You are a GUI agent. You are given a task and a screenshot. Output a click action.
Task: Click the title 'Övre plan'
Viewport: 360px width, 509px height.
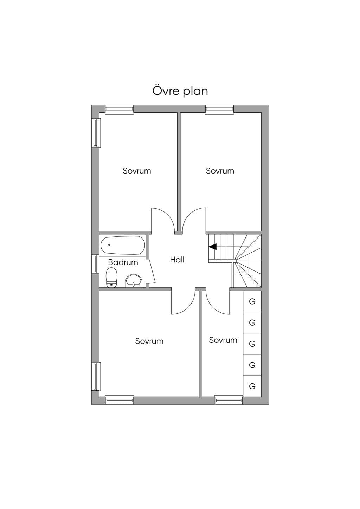pos(180,91)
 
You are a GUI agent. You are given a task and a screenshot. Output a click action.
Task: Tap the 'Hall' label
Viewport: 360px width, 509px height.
pos(177,260)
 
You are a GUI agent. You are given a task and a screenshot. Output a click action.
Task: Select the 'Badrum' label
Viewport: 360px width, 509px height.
pos(123,262)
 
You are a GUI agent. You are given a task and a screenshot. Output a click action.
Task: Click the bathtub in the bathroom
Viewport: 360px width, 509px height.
pos(122,245)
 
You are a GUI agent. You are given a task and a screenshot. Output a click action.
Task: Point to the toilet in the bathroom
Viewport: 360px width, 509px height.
pos(111,278)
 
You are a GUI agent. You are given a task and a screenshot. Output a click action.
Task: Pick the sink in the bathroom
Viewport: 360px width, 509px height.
pos(134,281)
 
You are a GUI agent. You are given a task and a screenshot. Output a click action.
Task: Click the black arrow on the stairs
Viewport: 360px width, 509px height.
pos(213,247)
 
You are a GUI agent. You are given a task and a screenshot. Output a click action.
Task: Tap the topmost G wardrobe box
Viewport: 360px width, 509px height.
pos(252,301)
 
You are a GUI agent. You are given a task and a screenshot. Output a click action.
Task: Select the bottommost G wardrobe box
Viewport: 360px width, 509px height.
pos(252,386)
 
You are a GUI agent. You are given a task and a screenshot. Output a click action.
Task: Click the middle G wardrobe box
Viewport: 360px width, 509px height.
pos(252,344)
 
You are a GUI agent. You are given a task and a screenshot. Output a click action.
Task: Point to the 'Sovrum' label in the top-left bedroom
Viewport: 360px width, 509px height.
pos(137,171)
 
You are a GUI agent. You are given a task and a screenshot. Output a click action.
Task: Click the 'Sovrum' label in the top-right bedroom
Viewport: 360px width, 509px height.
pos(220,171)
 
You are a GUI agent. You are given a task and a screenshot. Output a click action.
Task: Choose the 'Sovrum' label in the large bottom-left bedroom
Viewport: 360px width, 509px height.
pos(149,341)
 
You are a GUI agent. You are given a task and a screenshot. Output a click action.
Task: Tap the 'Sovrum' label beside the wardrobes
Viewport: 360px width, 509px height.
pos(223,340)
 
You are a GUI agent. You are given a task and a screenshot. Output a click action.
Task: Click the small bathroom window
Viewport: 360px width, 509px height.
pos(95,264)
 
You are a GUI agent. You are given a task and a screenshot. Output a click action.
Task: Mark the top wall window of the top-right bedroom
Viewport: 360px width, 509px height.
pos(219,109)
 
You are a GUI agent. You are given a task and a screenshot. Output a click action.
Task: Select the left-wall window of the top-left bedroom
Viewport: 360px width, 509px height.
pos(96,133)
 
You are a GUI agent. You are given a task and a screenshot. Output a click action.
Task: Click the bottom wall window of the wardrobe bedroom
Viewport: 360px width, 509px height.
pos(229,400)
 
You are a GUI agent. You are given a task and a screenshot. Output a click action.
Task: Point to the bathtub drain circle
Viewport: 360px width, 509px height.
pos(109,245)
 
